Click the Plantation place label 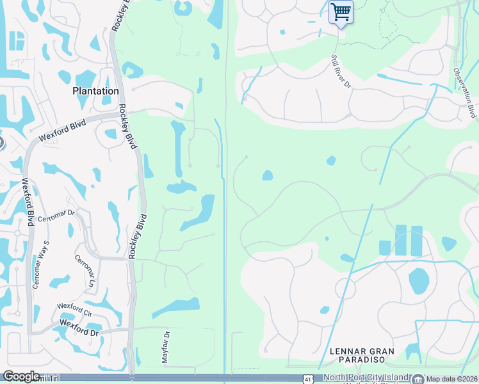click(x=95, y=91)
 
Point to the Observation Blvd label click(x=464, y=93)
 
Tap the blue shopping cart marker click(x=341, y=12)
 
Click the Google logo click(x=21, y=376)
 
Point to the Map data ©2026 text click(x=451, y=379)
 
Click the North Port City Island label click(x=365, y=378)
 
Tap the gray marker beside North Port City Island click(x=418, y=378)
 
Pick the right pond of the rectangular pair click(x=417, y=240)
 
